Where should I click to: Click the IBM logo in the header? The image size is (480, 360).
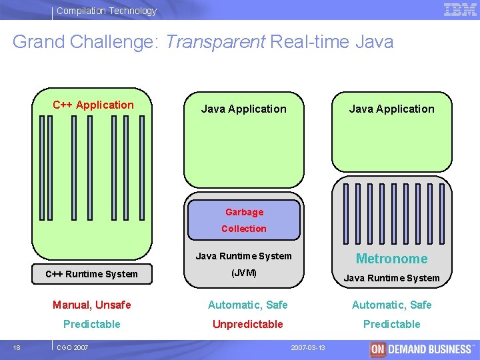coord(460,9)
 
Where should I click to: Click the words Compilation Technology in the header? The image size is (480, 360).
coord(107,11)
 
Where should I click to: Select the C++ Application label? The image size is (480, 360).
coord(93,105)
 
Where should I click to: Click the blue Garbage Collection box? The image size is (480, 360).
coord(244,220)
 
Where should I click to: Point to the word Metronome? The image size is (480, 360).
coord(391,259)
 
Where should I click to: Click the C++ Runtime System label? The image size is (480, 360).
coord(91,273)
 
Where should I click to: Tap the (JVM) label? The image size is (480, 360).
coord(243,273)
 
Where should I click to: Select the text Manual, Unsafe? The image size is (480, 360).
coord(92,305)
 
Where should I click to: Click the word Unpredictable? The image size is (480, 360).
coord(247,324)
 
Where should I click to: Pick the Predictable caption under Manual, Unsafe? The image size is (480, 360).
coord(92,324)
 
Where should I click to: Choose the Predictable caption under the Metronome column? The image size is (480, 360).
coord(391,324)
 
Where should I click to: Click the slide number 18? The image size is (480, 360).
coord(16,347)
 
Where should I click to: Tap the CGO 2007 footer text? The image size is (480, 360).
coord(71,347)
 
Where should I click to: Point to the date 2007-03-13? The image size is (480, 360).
coord(308,348)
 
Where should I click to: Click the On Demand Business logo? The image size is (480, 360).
coord(421,349)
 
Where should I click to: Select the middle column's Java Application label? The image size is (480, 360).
coord(244,109)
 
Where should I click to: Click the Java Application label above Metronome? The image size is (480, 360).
coord(391,109)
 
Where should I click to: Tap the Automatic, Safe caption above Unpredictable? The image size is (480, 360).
coord(247,305)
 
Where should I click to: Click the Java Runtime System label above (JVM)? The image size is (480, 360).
coord(243,255)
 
